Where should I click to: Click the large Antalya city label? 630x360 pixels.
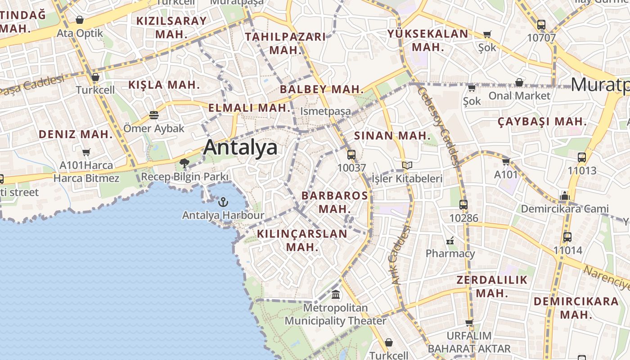point(240,147)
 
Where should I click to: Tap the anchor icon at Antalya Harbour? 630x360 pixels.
point(223,202)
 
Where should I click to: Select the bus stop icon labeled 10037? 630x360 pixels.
point(351,155)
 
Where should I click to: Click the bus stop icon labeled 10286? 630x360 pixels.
point(463,205)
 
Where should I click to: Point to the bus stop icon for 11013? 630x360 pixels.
point(582,157)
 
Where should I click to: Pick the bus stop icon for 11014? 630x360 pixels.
point(567,237)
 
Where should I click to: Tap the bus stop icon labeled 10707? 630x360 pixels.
point(541,25)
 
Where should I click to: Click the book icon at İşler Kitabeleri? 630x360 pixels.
point(407,166)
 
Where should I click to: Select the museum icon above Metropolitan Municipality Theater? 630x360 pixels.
point(336,295)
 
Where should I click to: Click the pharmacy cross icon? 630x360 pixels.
point(450,241)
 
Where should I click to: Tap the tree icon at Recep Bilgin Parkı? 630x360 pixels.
point(184,163)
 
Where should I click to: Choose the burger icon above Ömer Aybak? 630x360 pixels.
point(154,115)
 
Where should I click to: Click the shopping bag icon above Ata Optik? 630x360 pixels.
point(80,20)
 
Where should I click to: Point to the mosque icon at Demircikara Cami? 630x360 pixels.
point(564,196)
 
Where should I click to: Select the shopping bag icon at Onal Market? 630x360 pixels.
point(519,82)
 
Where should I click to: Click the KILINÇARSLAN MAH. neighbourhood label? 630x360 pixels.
point(302,240)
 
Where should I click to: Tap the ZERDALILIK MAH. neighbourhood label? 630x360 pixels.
point(492,287)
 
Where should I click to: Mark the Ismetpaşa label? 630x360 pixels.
point(325,111)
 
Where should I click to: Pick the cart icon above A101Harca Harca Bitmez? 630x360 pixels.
point(86,153)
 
